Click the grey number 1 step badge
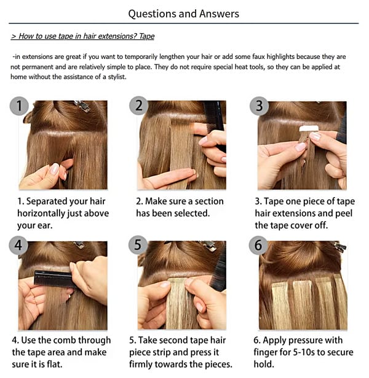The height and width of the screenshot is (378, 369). tap(19, 106)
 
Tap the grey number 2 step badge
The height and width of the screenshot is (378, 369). tap(139, 106)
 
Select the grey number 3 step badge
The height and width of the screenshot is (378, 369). tap(259, 106)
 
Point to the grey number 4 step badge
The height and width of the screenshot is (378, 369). tap(18, 245)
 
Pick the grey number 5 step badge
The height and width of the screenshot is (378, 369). tap(138, 245)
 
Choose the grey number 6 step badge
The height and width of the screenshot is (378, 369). tap(258, 245)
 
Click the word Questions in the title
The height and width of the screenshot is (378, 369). tap(153, 14)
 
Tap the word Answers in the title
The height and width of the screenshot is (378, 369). tap(219, 13)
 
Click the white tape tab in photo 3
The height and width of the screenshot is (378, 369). tap(309, 128)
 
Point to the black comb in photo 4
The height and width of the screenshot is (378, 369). tap(54, 279)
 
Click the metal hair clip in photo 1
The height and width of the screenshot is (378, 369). tap(82, 106)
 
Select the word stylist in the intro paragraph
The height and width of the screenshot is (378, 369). tap(117, 77)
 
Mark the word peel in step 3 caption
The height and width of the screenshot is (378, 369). tap(344, 214)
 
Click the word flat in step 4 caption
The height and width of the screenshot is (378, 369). tap(54, 364)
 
